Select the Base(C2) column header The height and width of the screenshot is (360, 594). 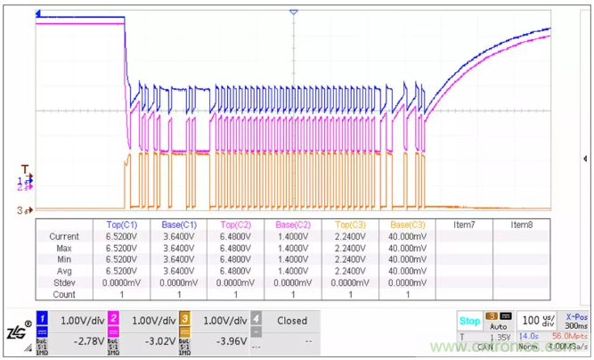pos(294,225)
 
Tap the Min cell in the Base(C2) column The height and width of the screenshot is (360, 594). pos(294,259)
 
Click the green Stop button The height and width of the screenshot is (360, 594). pos(468,320)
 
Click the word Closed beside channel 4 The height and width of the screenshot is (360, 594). pos(292,321)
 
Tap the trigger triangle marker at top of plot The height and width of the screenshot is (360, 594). pos(293,12)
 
